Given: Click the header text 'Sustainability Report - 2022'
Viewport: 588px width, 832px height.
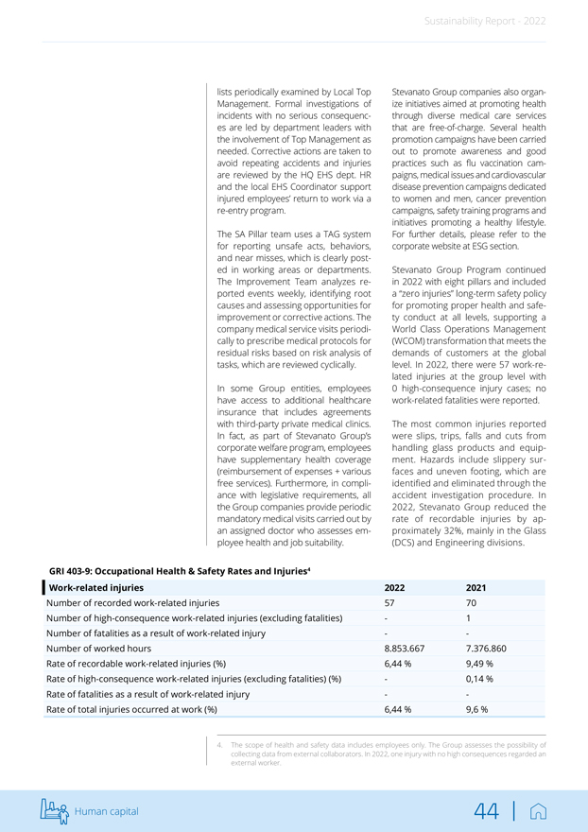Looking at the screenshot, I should (x=484, y=21).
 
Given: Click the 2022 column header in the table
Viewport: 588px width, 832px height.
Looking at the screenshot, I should (x=395, y=588).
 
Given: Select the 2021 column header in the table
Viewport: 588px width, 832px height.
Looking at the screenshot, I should (x=478, y=588).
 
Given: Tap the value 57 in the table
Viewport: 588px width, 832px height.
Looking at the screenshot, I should (x=389, y=602).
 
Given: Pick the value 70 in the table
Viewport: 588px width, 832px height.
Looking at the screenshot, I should (x=472, y=602).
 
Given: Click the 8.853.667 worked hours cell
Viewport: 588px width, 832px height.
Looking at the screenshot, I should (x=405, y=649).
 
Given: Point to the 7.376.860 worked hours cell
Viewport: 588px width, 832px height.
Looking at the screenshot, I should (x=487, y=649).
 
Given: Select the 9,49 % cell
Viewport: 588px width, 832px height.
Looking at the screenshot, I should (x=481, y=664).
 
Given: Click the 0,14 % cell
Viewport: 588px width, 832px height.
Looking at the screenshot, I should (x=481, y=679).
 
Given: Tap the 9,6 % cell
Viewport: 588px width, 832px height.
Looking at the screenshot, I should (x=477, y=709).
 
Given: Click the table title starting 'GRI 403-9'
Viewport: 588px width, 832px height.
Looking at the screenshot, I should (x=180, y=570).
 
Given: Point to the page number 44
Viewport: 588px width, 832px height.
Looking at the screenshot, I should (x=487, y=811).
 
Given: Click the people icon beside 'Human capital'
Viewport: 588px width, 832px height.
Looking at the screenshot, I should (x=56, y=810).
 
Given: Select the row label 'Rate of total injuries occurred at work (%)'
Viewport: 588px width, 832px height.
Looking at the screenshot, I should (x=131, y=709).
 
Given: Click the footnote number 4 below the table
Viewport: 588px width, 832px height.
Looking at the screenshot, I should (x=220, y=745).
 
